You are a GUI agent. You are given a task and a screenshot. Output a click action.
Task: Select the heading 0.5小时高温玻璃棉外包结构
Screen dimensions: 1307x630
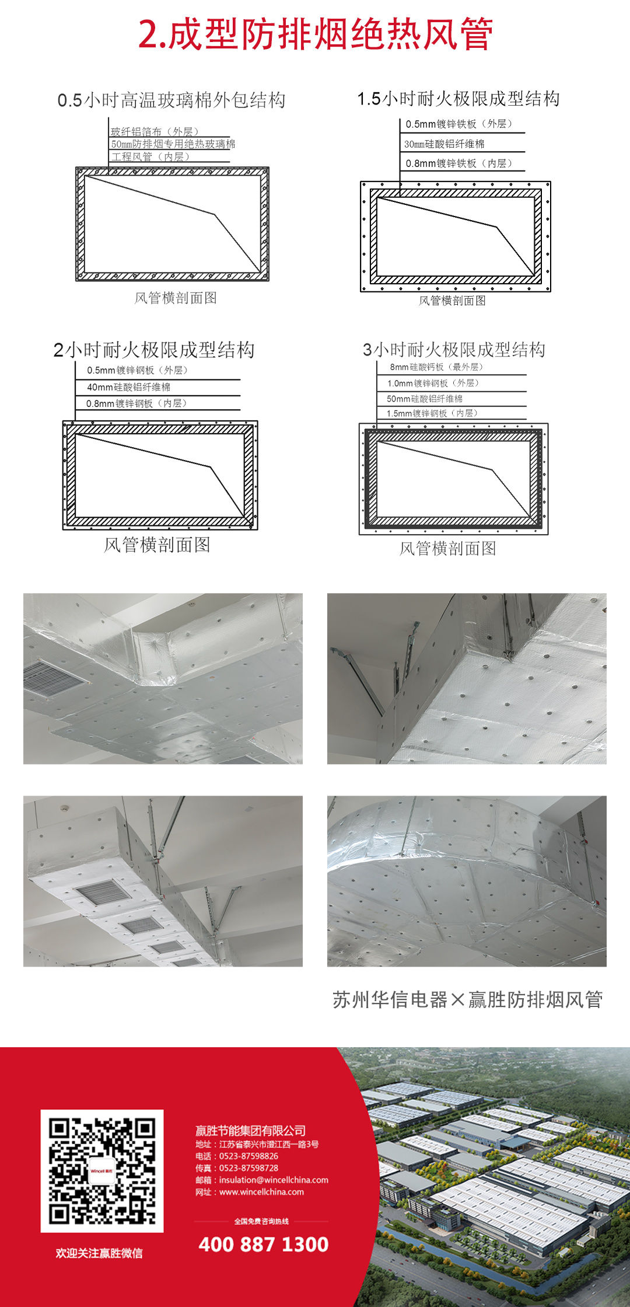point(171,100)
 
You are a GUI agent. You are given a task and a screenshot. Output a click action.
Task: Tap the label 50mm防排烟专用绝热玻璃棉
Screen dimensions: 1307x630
point(173,144)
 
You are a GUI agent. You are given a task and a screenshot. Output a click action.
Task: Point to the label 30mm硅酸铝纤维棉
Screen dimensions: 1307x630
point(444,144)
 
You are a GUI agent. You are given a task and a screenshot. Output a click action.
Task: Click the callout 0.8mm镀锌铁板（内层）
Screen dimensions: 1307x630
point(459,163)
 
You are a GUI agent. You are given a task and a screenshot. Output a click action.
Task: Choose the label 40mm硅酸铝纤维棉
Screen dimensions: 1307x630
point(128,387)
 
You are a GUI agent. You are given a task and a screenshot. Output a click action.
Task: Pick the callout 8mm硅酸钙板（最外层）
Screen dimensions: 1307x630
point(436,367)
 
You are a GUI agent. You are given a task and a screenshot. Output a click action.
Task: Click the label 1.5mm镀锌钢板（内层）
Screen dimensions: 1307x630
point(432,413)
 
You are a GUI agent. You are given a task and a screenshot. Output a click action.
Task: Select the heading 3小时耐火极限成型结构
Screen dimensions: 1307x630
point(454,350)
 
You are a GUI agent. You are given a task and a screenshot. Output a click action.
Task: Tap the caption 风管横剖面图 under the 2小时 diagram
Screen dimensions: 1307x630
point(157,545)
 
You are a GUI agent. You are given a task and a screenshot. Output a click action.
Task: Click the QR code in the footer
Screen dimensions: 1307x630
point(102,1171)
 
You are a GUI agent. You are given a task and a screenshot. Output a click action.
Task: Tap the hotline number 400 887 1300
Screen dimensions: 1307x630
point(264,1244)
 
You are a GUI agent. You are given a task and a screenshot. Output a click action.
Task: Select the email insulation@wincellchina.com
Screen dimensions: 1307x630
point(273,1180)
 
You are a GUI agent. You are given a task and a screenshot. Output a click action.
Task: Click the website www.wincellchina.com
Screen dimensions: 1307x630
point(261,1192)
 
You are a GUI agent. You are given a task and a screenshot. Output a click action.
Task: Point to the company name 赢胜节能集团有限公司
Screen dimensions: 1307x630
point(251,1131)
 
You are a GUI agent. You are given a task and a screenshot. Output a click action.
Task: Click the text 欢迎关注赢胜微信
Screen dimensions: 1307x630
point(99,1253)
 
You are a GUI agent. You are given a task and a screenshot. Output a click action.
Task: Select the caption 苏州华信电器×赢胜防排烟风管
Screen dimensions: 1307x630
point(467,999)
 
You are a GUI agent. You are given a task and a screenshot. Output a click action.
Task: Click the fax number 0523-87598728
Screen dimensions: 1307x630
point(249,1168)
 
